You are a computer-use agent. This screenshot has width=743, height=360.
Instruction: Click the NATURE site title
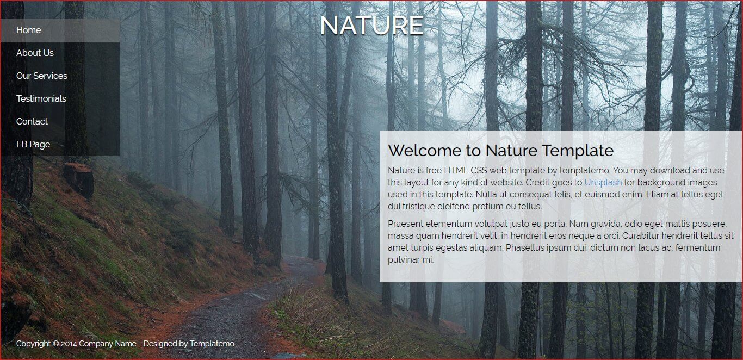[372, 25]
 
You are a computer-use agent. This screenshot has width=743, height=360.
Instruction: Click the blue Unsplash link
[603, 182]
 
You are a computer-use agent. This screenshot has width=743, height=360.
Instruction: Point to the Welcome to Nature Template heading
[500, 151]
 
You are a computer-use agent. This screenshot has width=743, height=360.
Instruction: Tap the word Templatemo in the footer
[212, 344]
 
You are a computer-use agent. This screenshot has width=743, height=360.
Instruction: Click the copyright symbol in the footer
[55, 344]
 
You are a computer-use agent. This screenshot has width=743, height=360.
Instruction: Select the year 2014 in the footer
[69, 344]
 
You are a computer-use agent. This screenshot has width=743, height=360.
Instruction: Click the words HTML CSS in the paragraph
[466, 170]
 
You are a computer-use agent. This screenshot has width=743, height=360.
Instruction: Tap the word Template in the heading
[578, 151]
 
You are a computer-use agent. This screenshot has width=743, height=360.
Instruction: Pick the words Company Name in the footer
[108, 344]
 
